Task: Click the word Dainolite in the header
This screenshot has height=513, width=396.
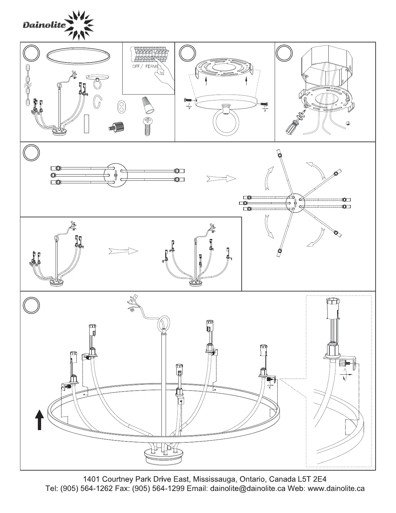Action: (44, 25)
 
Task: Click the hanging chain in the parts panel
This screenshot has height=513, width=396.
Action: (27, 85)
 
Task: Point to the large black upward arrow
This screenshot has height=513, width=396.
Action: (39, 420)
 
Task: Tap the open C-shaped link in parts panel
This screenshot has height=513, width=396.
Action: (98, 102)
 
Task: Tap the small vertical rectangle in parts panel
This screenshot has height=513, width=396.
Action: (86, 124)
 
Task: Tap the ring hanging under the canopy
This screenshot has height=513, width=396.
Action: (226, 122)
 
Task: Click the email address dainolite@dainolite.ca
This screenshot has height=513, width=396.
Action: (248, 488)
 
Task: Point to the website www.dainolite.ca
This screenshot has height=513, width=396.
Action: (336, 488)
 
